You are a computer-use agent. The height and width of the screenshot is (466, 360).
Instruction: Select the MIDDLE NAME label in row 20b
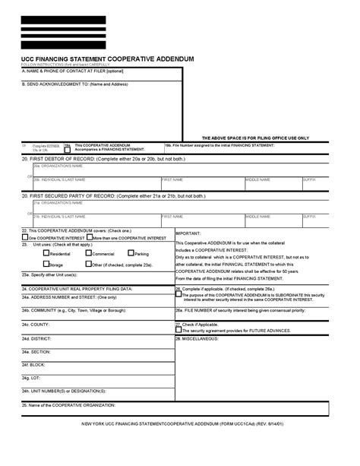pos(257,179)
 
